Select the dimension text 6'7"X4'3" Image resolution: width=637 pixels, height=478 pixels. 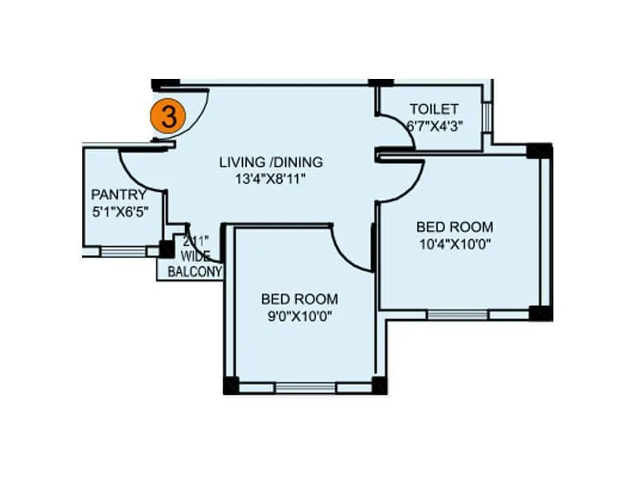click(x=435, y=125)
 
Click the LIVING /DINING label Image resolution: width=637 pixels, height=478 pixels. click(x=272, y=163)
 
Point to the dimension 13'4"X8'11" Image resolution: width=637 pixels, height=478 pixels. click(x=271, y=179)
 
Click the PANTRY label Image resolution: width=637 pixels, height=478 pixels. click(x=119, y=194)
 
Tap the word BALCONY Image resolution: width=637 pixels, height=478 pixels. click(x=194, y=271)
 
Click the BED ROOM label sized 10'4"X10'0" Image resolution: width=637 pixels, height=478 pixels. click(x=454, y=227)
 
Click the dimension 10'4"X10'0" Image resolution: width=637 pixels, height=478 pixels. click(x=454, y=244)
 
